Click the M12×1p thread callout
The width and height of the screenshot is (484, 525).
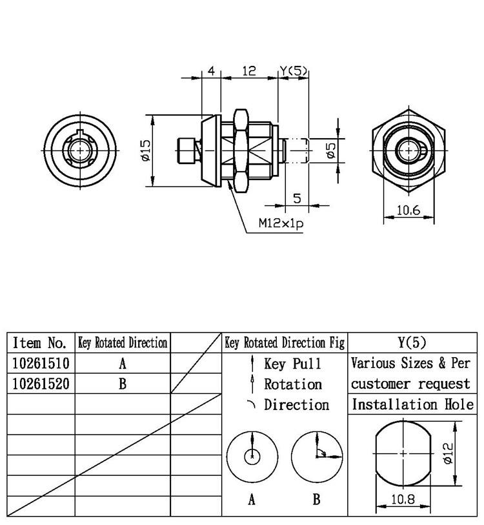pyautogui.click(x=281, y=223)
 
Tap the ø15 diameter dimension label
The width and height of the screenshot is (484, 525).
pyautogui.click(x=145, y=151)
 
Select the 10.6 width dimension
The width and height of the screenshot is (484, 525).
pyautogui.click(x=408, y=210)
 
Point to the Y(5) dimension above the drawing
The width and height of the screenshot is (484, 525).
pyautogui.click(x=293, y=71)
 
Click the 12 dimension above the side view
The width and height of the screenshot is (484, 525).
pyautogui.click(x=248, y=71)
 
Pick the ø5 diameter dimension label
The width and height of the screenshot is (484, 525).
pyautogui.click(x=331, y=151)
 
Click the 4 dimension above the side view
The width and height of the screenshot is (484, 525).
pyautogui.click(x=211, y=71)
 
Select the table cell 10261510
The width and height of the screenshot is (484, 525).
pyautogui.click(x=41, y=363)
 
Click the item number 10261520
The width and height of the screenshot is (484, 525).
pyautogui.click(x=41, y=384)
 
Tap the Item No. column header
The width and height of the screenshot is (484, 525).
pyautogui.click(x=40, y=343)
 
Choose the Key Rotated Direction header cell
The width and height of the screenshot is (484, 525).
pyautogui.click(x=123, y=343)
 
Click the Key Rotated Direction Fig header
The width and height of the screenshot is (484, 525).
pyautogui.click(x=285, y=343)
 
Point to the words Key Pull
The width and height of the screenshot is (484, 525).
pyautogui.click(x=292, y=364)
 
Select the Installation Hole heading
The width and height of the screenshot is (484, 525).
pyautogui.click(x=412, y=405)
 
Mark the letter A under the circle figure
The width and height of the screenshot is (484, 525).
pyautogui.click(x=252, y=499)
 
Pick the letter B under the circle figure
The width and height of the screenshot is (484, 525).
pyautogui.click(x=316, y=499)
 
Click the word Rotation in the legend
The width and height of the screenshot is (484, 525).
pyautogui.click(x=292, y=384)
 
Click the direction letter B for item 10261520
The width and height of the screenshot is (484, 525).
pyautogui.click(x=123, y=384)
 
